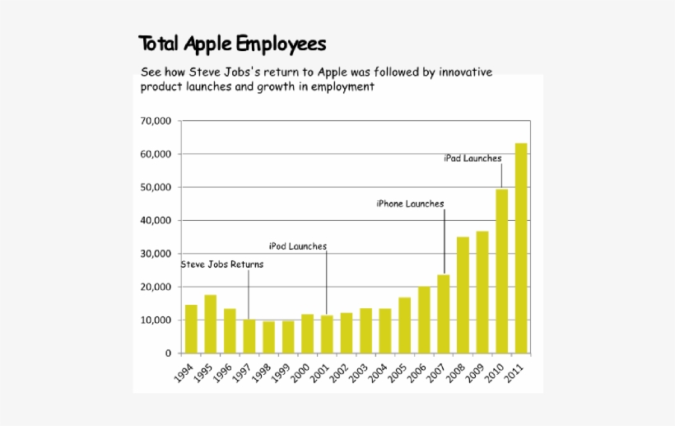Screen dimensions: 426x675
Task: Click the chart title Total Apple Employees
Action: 232,43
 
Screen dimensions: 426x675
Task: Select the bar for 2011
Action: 521,248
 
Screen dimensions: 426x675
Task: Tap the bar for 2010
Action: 501,271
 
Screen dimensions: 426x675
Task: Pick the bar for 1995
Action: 211,324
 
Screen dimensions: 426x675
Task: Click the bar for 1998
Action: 268,337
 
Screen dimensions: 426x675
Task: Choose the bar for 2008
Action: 463,295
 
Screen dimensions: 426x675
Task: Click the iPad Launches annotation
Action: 472,158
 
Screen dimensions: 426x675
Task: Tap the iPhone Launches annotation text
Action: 410,204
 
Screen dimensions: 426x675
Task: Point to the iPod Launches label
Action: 298,246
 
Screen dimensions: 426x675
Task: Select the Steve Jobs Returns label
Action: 222,264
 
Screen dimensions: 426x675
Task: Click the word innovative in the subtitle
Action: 465,72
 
